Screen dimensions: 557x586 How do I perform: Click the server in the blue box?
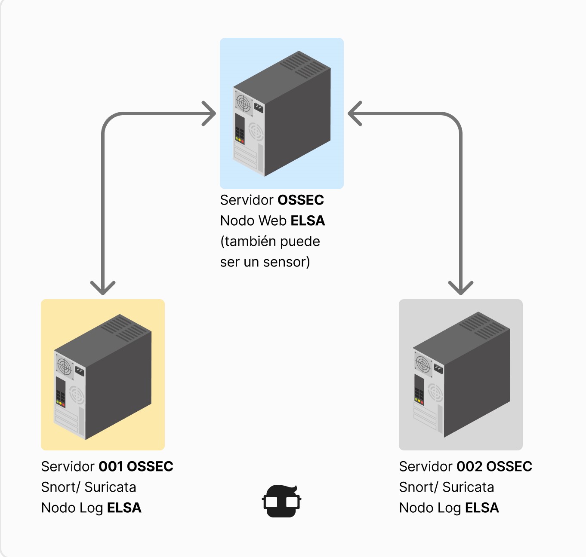click(x=282, y=114)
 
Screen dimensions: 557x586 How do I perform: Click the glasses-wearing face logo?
click(x=282, y=501)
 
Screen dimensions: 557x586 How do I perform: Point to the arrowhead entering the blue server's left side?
click(x=210, y=114)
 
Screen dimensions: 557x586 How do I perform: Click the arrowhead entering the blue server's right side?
click(x=355, y=114)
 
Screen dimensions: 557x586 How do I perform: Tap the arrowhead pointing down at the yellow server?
click(x=103, y=288)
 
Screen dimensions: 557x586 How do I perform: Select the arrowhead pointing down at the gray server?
click(x=461, y=288)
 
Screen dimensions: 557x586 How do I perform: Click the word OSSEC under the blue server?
click(x=300, y=200)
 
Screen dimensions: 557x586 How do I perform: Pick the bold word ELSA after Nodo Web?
click(x=308, y=221)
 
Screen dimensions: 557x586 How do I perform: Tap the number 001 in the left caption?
click(x=111, y=467)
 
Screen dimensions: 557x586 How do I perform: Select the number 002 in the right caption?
click(x=469, y=467)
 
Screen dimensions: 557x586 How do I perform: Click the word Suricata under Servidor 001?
click(x=110, y=487)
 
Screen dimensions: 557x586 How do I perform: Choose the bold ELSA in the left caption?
click(x=124, y=508)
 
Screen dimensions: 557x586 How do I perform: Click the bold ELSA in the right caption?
click(x=482, y=508)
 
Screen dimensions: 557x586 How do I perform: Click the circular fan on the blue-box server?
click(x=243, y=104)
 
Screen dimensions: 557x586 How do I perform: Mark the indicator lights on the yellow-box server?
click(x=60, y=403)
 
